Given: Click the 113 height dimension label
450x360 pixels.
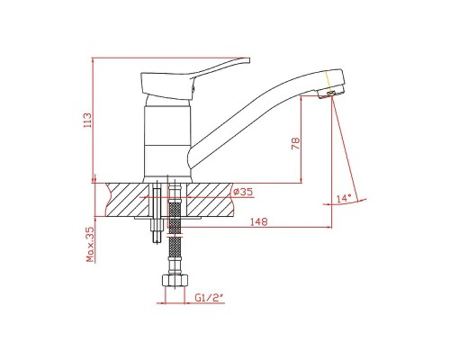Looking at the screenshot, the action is [88, 121].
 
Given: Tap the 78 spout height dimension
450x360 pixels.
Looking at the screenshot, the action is [295, 143].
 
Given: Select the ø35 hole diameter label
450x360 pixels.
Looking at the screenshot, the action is [243, 192].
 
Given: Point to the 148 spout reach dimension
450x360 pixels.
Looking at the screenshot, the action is [259, 221].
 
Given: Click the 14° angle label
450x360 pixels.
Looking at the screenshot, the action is [344, 198].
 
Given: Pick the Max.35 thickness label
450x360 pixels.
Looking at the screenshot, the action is [90, 244].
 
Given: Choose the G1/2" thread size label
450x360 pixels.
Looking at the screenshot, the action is [209, 298].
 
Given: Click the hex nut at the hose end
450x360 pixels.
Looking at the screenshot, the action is [175, 282].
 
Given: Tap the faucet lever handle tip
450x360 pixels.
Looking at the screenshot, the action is [247, 60].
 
